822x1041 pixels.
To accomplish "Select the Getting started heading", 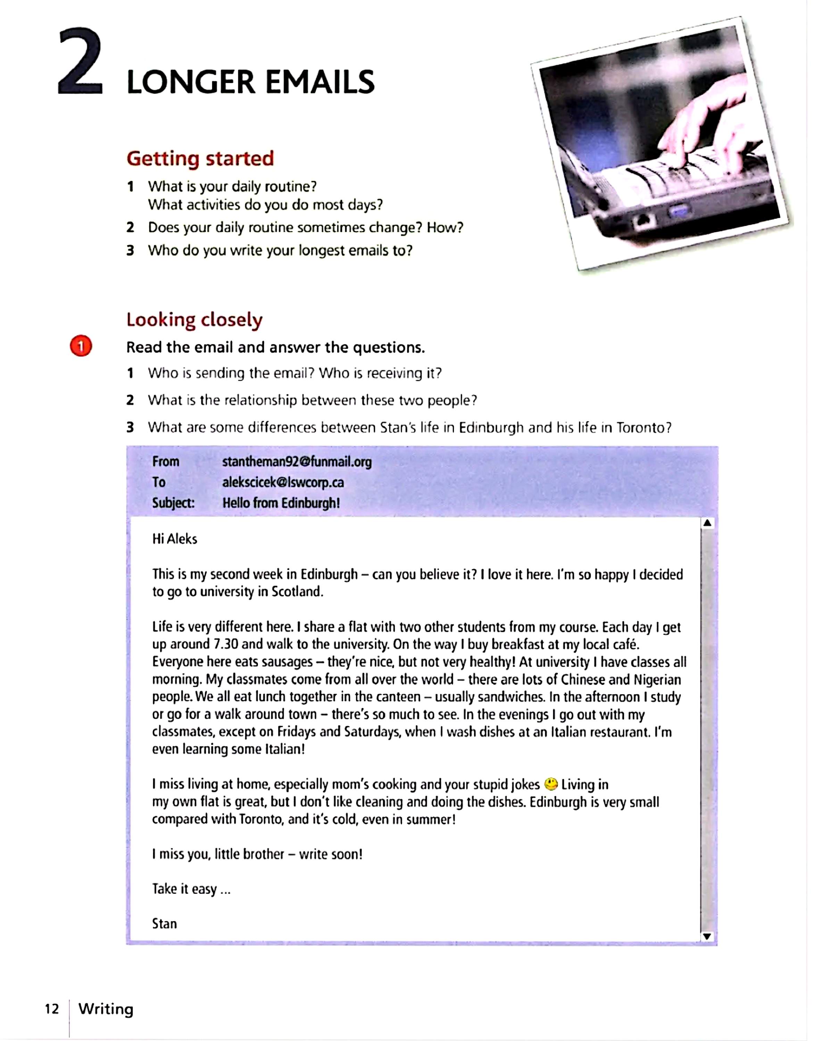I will [x=200, y=158].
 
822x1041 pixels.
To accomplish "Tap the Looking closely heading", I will [x=194, y=320].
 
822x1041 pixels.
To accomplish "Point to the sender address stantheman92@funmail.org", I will [x=297, y=462].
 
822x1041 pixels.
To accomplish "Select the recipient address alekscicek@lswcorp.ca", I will [x=283, y=482].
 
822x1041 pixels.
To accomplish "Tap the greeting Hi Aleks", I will [x=175, y=539].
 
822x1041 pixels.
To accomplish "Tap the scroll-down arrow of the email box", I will [x=707, y=936].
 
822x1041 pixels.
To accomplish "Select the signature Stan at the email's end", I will [x=165, y=924].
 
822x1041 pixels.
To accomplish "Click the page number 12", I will [x=51, y=1009].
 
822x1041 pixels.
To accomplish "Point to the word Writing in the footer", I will [x=106, y=1009].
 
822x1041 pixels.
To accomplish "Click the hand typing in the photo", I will [x=707, y=125].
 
